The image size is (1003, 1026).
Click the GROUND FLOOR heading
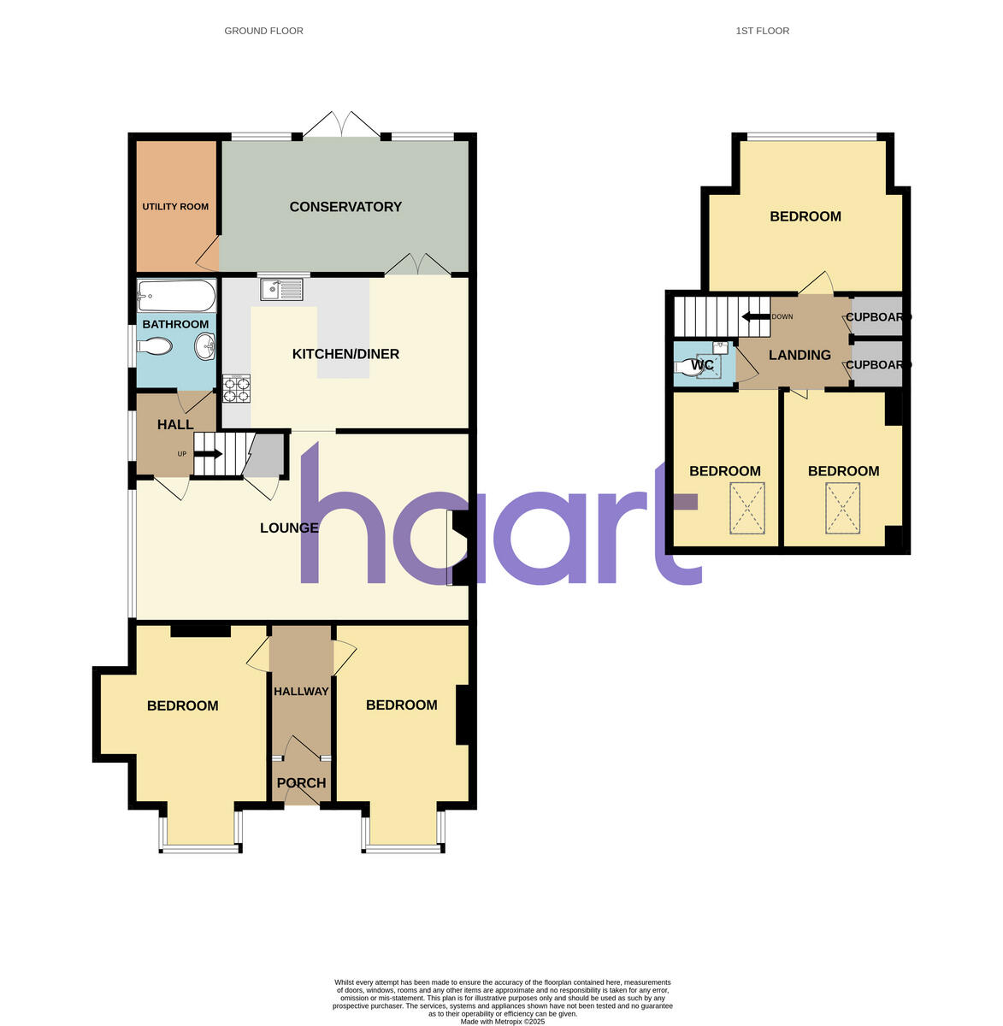tap(263, 31)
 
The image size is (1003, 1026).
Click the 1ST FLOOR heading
tap(762, 31)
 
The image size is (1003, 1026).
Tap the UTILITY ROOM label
tap(175, 206)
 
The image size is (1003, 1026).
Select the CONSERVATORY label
tap(345, 207)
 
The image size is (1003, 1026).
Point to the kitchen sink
tap(281, 290)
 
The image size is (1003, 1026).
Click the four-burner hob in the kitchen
tap(237, 389)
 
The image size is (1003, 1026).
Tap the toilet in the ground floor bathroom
tap(155, 347)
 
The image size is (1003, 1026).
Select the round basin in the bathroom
tap(204, 347)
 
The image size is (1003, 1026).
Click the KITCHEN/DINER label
tap(345, 354)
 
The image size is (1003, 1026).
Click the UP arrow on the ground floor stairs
tap(209, 453)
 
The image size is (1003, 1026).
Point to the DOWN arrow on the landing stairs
tap(755, 316)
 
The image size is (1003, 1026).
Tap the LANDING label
tap(799, 355)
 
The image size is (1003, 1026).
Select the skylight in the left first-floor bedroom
tap(747, 508)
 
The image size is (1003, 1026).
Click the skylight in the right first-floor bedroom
tap(842, 508)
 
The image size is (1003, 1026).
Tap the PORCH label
tap(301, 782)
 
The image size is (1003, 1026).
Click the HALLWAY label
tap(301, 691)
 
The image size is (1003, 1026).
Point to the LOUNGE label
tap(289, 528)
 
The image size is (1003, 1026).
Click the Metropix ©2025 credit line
tap(502, 1021)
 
